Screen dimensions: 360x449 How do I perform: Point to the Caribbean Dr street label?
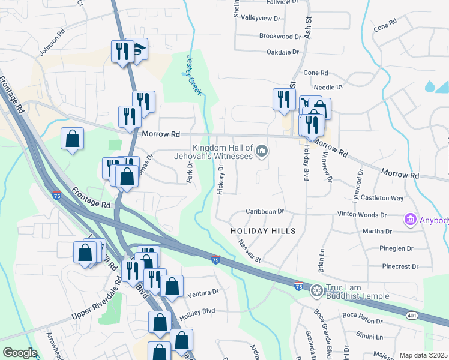[264, 212]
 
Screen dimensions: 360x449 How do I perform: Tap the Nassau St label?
[250, 251]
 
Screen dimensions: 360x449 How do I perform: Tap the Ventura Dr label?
[204, 292]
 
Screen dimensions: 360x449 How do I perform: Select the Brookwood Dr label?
[280, 37]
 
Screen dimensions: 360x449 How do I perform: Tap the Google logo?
[20, 352]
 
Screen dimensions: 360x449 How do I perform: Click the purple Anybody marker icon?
[411, 220]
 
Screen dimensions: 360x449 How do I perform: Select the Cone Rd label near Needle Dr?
[315, 73]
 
